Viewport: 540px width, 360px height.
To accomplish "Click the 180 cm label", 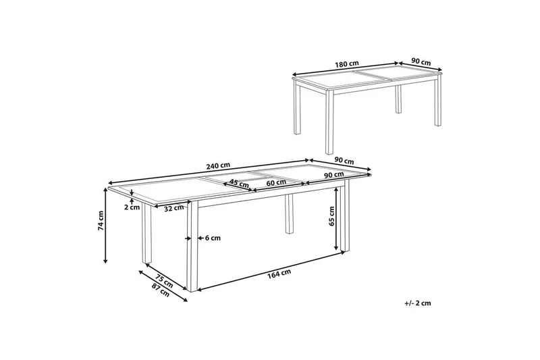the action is click(x=347, y=63).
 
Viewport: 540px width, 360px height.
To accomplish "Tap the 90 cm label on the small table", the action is click(x=421, y=62).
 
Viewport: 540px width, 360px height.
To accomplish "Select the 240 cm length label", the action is click(x=218, y=165).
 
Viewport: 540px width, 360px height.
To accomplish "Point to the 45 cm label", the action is click(x=239, y=182).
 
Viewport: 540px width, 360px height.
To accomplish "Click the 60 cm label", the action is click(x=276, y=182).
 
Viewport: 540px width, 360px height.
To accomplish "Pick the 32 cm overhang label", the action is click(x=174, y=208).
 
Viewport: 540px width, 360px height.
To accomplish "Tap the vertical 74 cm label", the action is click(x=101, y=220).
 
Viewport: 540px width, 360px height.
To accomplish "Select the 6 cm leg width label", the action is click(x=213, y=238).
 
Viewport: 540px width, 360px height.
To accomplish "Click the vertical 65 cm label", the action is click(x=331, y=216).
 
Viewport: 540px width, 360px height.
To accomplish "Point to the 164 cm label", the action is click(x=279, y=273).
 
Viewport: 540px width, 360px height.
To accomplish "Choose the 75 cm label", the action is click(x=164, y=281).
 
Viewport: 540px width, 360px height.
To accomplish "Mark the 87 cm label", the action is click(x=161, y=290).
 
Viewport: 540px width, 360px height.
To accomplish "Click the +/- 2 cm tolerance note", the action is click(x=418, y=303).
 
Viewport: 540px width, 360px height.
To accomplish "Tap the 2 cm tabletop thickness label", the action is click(x=132, y=207).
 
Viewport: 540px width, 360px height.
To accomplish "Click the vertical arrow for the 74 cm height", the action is click(x=106, y=226).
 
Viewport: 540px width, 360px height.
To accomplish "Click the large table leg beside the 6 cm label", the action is click(x=192, y=247).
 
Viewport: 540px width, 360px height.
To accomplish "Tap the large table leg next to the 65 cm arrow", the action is click(x=345, y=218).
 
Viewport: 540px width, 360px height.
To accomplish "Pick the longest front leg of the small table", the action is click(x=329, y=122).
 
